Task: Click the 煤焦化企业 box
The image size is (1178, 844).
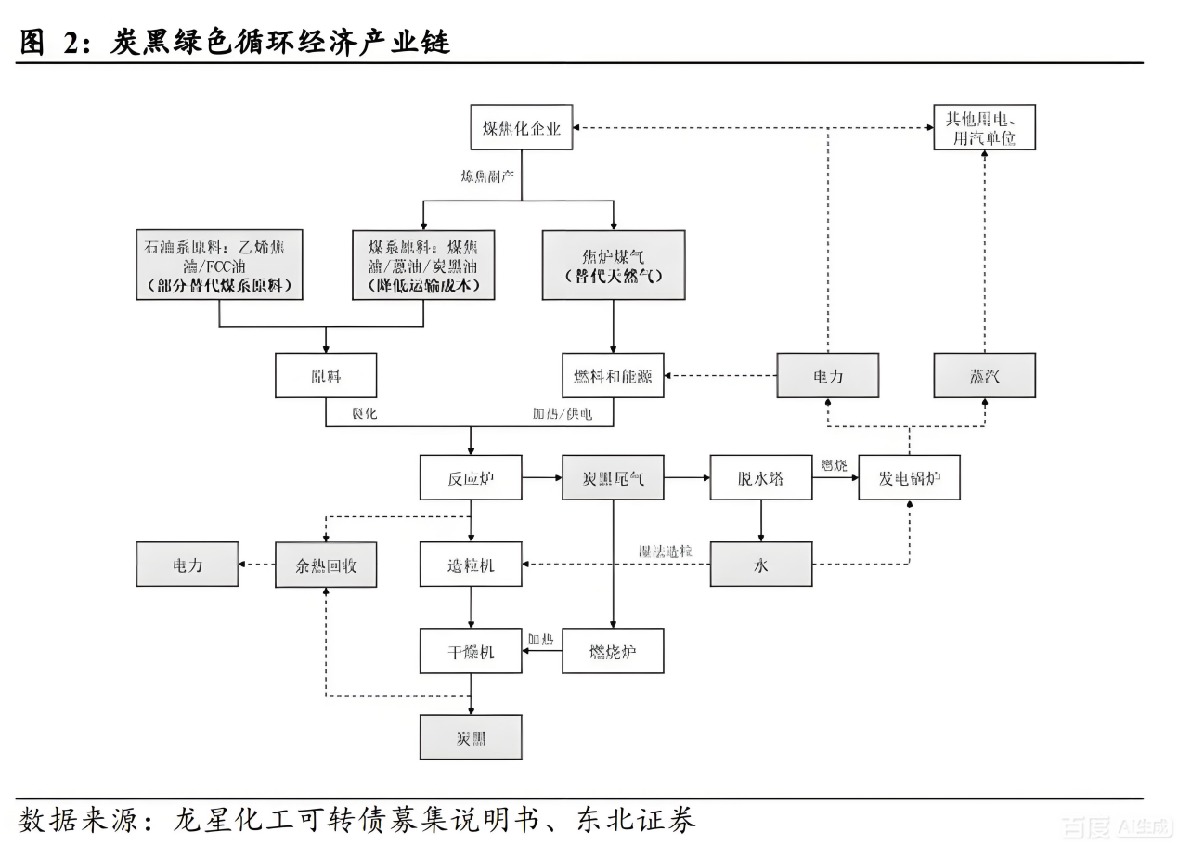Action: click(x=521, y=127)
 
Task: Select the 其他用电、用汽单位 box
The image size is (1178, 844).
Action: click(x=984, y=127)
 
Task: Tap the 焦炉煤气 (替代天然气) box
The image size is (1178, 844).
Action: click(x=613, y=265)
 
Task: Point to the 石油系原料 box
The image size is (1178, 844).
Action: click(x=219, y=265)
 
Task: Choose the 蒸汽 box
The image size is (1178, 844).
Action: click(x=984, y=375)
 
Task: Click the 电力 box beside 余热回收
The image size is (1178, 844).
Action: click(x=187, y=565)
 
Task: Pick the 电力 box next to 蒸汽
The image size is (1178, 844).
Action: click(x=827, y=375)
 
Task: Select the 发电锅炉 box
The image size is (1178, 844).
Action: click(x=909, y=477)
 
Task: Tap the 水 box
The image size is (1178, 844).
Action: click(x=761, y=565)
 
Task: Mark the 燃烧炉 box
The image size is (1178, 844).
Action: click(x=613, y=651)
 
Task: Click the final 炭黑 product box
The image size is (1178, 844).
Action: click(x=471, y=737)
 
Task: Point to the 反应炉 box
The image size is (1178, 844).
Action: click(x=471, y=477)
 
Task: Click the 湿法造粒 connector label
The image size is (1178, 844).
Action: click(x=666, y=552)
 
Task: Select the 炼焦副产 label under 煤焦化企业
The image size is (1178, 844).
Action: click(x=487, y=175)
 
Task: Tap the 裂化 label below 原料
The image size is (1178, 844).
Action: click(x=363, y=413)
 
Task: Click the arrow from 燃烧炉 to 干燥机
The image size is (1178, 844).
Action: click(x=541, y=651)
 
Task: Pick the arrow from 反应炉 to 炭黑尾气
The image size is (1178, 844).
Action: click(x=541, y=477)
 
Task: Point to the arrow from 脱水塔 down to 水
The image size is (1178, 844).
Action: click(x=761, y=521)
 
